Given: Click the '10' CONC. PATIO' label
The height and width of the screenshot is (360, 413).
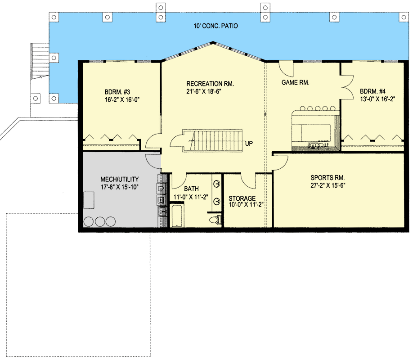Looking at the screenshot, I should click(x=214, y=26).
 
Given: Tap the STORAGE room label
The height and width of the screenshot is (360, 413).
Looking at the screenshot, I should click(x=242, y=198).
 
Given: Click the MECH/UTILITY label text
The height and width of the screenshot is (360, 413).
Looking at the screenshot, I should click(x=120, y=179).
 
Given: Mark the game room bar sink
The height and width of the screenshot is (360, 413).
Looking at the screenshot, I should click(x=311, y=145).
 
